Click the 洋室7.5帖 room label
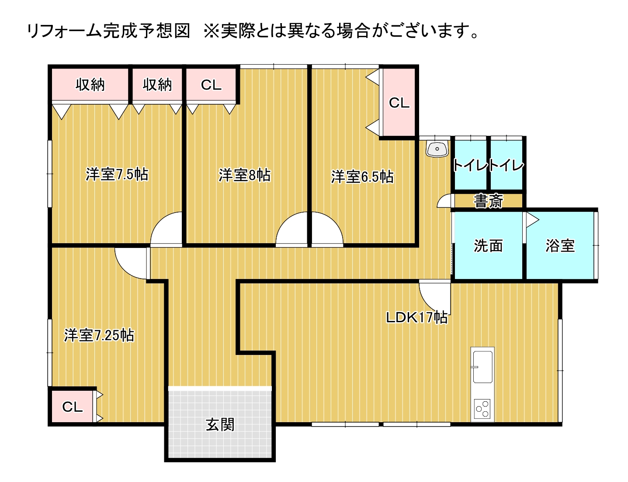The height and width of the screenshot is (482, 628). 117,174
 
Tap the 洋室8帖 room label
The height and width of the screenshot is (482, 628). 244,175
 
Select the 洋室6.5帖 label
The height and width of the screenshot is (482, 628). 362,177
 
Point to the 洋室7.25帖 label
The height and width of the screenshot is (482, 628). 99,335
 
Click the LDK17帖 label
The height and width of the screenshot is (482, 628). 417,317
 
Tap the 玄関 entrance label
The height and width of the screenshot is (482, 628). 220,424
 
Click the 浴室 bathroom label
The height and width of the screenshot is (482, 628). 560,246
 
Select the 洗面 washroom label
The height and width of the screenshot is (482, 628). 488,246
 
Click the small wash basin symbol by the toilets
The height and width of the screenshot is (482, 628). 437,149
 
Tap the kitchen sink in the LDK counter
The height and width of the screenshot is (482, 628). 482,367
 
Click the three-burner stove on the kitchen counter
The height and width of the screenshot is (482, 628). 482,409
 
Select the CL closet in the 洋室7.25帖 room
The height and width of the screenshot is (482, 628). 72,406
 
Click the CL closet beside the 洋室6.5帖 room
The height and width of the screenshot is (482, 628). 399,103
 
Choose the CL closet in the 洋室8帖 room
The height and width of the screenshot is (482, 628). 211,85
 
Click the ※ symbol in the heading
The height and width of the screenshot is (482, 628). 212,31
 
